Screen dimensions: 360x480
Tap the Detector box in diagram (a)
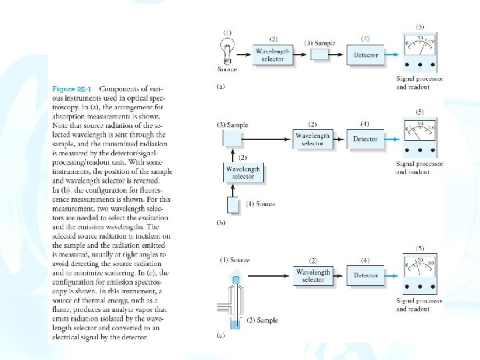tap(365, 55)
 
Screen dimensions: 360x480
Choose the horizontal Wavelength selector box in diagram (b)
tap(313, 139)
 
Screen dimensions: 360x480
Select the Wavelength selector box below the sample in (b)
tap(243, 173)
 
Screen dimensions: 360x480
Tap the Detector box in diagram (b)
tap(365, 139)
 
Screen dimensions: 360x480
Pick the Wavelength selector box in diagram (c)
tap(313, 275)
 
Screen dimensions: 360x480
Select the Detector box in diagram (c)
tap(365, 275)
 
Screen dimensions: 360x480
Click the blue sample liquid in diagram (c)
tap(234, 324)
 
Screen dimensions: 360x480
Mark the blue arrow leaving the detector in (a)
tap(394, 55)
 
